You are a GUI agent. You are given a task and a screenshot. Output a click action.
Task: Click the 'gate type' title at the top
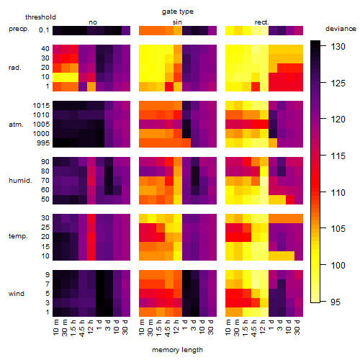coord(178,12)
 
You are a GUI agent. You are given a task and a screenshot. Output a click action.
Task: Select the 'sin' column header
coord(177,22)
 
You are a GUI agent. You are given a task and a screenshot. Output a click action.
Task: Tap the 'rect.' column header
coord(261,22)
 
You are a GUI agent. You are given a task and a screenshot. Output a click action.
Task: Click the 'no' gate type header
coord(93,22)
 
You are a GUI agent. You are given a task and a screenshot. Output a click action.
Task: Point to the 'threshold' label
coord(40,17)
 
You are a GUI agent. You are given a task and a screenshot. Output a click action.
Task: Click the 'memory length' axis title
coord(177,350)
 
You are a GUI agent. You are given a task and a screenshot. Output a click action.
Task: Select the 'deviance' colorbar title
coord(341,29)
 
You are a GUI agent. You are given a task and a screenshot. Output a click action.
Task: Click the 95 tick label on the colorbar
coord(336,302)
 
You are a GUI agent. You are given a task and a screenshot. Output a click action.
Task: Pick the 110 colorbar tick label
coord(338,192)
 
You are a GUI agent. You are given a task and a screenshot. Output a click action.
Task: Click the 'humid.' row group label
coord(20,181)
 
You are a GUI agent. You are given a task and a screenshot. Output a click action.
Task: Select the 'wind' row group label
coord(17,294)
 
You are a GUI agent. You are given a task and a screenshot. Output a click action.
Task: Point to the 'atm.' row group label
coord(16,125)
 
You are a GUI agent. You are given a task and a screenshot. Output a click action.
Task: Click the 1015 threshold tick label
coord(41,105)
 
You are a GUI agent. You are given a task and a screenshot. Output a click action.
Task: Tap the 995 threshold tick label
coord(43,143)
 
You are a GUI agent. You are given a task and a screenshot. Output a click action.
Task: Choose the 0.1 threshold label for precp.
coord(44,30)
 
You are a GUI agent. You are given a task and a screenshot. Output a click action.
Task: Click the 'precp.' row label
coord(19,29)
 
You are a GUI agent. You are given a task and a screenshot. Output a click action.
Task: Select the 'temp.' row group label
coord(18,236)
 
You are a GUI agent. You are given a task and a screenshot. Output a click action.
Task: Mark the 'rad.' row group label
coord(15,68)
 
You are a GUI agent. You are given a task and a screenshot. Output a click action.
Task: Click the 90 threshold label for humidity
coord(45,162)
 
